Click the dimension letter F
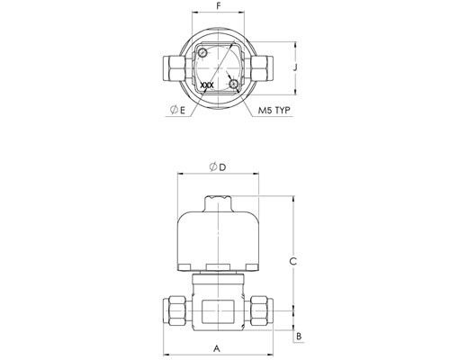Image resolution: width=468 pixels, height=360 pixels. pyautogui.click(x=218, y=5)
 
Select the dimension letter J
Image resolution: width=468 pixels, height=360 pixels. pyautogui.click(x=295, y=67)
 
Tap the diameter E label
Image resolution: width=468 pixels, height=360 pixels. pyautogui.click(x=177, y=110)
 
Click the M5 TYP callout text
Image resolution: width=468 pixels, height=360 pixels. pyautogui.click(x=274, y=110)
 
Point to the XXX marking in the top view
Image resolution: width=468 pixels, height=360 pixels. pyautogui.click(x=207, y=85)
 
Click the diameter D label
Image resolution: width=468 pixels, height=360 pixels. pyautogui.click(x=218, y=166)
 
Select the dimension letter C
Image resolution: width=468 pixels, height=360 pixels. pyautogui.click(x=292, y=261)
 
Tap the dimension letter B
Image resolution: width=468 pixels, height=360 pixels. pyautogui.click(x=299, y=337)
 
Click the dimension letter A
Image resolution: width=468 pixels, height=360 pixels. pyautogui.click(x=217, y=348)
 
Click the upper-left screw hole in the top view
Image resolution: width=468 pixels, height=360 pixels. pyautogui.click(x=202, y=53)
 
